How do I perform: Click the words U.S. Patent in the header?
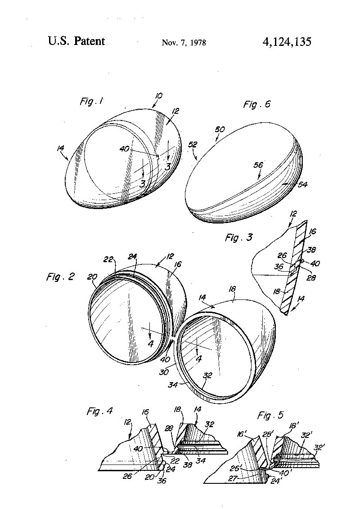[76, 41]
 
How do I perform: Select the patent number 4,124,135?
[287, 41]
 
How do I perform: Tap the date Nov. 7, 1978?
[184, 43]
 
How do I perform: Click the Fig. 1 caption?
[92, 102]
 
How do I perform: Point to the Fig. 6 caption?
[257, 104]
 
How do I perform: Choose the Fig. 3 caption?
[239, 237]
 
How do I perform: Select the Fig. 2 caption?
[60, 277]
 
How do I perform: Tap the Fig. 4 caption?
[100, 411]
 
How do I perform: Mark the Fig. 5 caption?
[270, 415]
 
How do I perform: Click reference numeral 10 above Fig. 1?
[158, 96]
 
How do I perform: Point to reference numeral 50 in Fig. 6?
[220, 129]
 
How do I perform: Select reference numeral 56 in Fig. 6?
[258, 165]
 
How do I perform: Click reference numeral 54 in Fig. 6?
[302, 184]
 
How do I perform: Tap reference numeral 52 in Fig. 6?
[193, 144]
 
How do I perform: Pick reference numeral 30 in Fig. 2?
[164, 372]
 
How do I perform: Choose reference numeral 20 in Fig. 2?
[92, 277]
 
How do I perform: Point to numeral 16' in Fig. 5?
[241, 434]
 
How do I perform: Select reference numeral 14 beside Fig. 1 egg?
[60, 148]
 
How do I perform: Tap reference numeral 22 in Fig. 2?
[108, 259]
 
